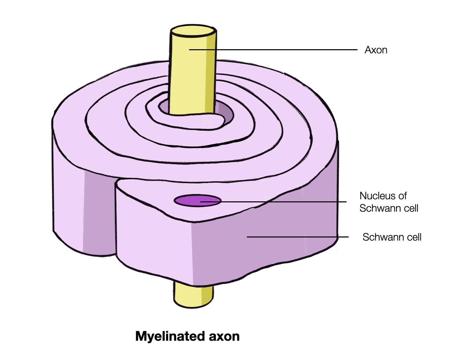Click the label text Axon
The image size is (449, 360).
pyautogui.click(x=376, y=50)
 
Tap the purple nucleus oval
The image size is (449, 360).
pyautogui.click(x=197, y=201)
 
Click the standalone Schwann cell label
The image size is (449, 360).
pyautogui.click(x=392, y=237)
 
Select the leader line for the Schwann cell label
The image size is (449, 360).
pyautogui.click(x=297, y=237)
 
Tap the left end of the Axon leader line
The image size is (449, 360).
pyautogui.click(x=190, y=50)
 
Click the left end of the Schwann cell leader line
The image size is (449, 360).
pyautogui.click(x=248, y=237)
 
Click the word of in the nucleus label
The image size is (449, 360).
pyautogui.click(x=402, y=196)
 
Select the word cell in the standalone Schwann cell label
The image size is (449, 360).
pyautogui.click(x=414, y=237)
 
